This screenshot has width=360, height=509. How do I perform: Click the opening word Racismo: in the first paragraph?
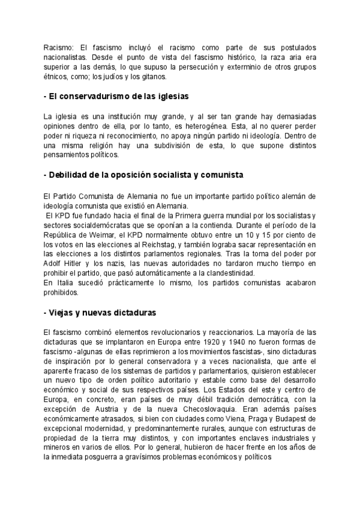point(58,47)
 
